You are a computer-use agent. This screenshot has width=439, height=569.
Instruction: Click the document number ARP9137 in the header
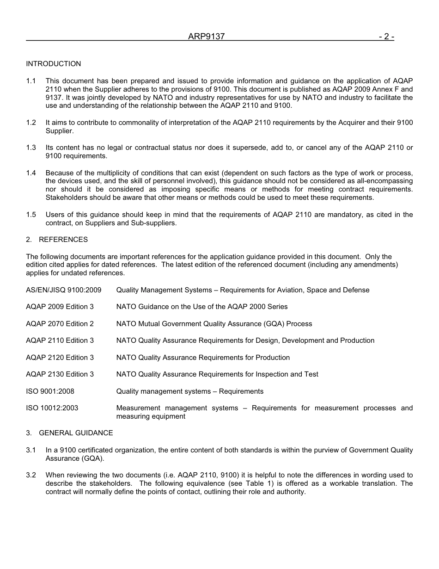tap(206, 37)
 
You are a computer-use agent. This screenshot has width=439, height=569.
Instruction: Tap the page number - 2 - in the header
tap(386, 37)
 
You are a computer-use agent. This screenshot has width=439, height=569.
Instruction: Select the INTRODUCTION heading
tap(53, 64)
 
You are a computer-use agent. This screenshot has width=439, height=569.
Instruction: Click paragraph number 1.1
tap(31, 81)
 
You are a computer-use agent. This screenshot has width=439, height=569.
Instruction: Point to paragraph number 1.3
tap(31, 148)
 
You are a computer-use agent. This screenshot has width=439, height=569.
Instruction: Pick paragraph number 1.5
tap(31, 215)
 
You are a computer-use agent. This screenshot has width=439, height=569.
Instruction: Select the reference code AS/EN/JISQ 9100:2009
tap(63, 290)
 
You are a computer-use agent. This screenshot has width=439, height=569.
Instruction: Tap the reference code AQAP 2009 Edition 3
tap(60, 307)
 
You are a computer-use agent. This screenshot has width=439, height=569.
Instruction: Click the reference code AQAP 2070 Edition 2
tap(60, 324)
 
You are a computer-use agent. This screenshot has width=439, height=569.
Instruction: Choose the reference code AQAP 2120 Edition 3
tap(60, 358)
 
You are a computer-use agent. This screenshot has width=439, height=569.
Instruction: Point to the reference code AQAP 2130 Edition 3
tap(60, 374)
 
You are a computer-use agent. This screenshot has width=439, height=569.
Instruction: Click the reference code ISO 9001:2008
tap(50, 391)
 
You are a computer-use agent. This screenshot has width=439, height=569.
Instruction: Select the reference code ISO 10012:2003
tap(52, 408)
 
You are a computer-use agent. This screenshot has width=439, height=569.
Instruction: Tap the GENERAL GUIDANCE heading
tap(76, 433)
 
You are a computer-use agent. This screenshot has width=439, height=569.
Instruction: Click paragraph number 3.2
tap(31, 475)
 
